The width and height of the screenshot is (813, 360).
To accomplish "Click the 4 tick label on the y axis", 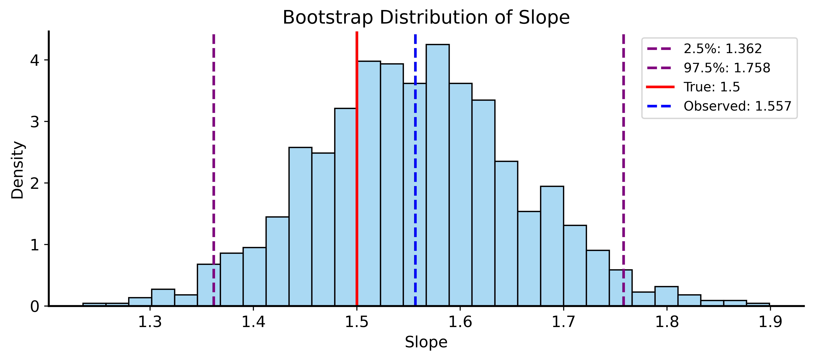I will tap(35, 60).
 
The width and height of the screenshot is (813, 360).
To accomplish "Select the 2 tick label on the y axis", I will tap(35, 183).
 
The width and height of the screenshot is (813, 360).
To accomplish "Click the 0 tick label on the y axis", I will tap(35, 306).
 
